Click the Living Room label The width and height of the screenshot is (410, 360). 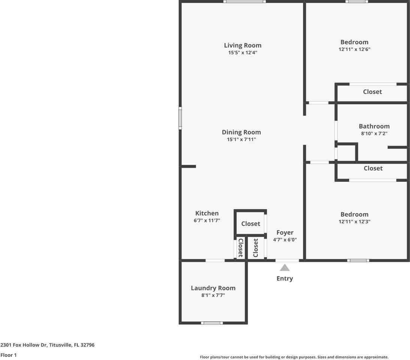pyautogui.click(x=242, y=45)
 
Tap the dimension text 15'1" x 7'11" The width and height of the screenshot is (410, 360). pyautogui.click(x=241, y=139)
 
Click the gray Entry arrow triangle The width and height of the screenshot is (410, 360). pyautogui.click(x=285, y=268)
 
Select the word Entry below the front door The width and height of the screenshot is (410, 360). pyautogui.click(x=284, y=279)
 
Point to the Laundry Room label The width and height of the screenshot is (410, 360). pyautogui.click(x=213, y=288)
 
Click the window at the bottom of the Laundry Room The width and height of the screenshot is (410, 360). pyautogui.click(x=212, y=323)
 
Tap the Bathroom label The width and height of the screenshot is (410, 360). pyautogui.click(x=374, y=126)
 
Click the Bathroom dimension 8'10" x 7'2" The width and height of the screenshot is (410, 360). pyautogui.click(x=374, y=133)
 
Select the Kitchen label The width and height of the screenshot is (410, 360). pyautogui.click(x=207, y=213)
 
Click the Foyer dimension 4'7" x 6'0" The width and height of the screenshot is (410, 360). pyautogui.click(x=285, y=240)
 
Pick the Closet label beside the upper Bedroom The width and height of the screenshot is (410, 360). pyautogui.click(x=372, y=92)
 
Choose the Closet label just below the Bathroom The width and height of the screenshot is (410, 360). pyautogui.click(x=373, y=168)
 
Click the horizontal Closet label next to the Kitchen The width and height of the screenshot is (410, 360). pyautogui.click(x=250, y=224)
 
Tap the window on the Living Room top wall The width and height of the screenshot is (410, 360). pyautogui.click(x=245, y=1)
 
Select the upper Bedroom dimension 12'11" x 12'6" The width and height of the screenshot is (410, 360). pyautogui.click(x=354, y=49)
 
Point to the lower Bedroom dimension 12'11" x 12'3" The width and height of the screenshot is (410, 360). pyautogui.click(x=354, y=222)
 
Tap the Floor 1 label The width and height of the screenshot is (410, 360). pyautogui.click(x=9, y=355)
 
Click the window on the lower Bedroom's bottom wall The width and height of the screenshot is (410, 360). pyautogui.click(x=358, y=260)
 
